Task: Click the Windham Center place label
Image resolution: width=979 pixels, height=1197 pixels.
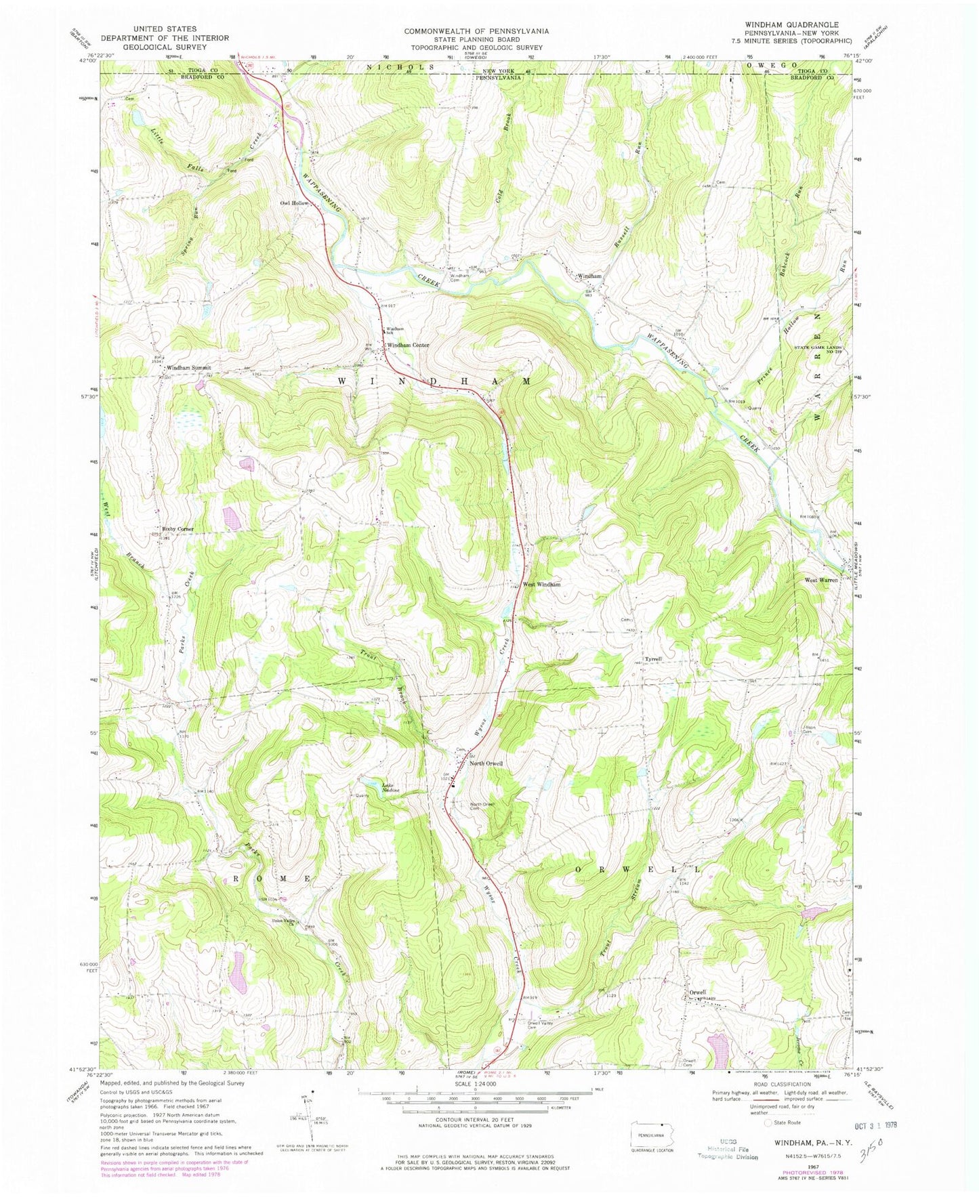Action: click(x=408, y=345)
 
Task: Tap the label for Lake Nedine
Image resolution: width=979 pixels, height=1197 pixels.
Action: click(x=392, y=788)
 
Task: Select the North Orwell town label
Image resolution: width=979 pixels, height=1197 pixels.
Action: click(x=486, y=763)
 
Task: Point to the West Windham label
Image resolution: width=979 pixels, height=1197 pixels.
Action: click(x=541, y=584)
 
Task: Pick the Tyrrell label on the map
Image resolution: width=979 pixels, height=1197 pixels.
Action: click(x=653, y=658)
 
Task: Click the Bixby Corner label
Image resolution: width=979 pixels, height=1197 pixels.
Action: click(x=178, y=528)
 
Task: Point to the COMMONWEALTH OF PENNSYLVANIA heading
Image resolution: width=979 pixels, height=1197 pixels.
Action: click(x=477, y=31)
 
